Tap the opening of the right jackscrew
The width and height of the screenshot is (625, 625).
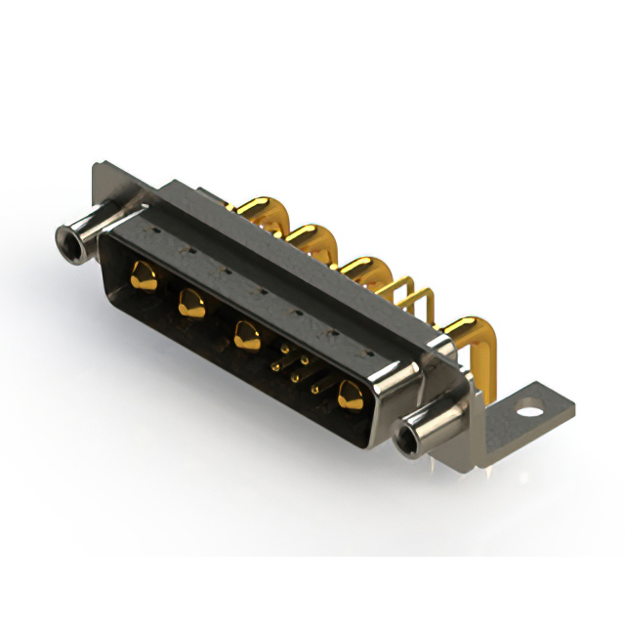(408, 438)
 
